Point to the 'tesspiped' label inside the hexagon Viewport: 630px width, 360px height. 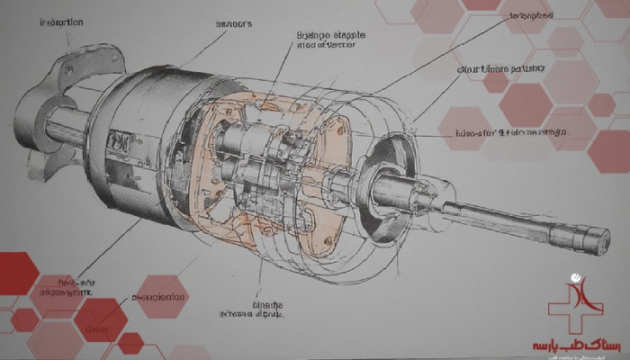coord(530,17)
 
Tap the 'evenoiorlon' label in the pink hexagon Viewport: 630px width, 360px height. coord(159,297)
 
